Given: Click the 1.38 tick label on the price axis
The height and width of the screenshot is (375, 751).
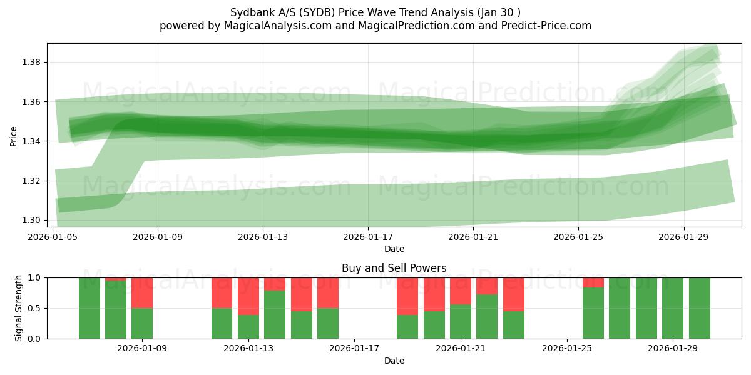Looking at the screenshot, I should [32, 62].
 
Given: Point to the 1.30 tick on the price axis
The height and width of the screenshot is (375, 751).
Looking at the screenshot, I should [32, 220].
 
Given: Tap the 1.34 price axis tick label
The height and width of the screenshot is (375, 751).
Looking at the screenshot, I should [32, 141].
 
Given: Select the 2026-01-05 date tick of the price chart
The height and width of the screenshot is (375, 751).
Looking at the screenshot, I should [53, 237].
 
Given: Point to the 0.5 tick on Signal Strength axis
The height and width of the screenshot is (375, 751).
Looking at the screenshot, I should [36, 308].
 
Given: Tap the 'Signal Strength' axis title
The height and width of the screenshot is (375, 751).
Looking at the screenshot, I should [19, 308].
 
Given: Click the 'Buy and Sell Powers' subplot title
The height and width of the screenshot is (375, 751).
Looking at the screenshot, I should [394, 268].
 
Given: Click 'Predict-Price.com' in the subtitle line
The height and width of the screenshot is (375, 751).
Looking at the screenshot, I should [542, 26].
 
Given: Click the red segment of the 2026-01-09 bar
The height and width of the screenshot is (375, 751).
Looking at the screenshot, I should [142, 292].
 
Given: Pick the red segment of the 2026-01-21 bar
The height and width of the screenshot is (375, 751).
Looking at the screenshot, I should [461, 291].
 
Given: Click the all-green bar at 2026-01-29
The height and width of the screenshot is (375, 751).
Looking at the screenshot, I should [673, 308].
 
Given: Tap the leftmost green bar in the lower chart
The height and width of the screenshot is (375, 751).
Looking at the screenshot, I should [89, 308].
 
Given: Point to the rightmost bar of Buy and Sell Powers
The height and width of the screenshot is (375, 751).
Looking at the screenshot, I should [699, 308].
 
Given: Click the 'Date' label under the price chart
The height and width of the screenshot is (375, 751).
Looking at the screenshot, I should [394, 249].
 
